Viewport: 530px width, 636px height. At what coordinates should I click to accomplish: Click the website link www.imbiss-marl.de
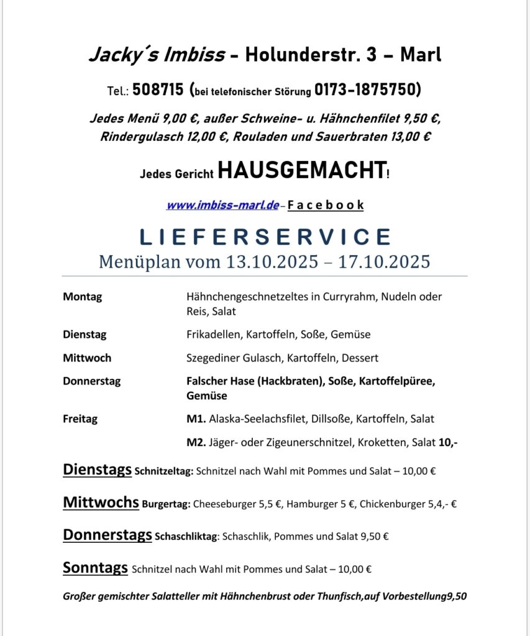(222, 205)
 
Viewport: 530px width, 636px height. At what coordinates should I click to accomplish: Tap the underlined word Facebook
(326, 205)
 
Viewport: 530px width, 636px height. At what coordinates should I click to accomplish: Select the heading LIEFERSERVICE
(265, 237)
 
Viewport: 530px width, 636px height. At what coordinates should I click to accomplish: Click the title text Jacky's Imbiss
(156, 55)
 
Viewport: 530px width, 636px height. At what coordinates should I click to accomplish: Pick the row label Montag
(82, 297)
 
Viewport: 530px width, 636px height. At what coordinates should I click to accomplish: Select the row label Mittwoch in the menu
(87, 358)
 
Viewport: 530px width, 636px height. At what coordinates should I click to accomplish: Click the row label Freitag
(80, 419)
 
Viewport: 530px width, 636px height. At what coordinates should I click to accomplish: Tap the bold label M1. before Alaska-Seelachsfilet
(196, 419)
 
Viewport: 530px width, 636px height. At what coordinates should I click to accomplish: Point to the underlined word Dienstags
(97, 470)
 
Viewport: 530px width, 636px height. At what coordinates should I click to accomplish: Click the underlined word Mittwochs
(101, 502)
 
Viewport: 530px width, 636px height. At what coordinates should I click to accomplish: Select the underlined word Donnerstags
(107, 535)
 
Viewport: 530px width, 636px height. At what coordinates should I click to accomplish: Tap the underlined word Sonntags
(95, 567)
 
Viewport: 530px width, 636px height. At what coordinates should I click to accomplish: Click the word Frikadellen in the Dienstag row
(213, 335)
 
